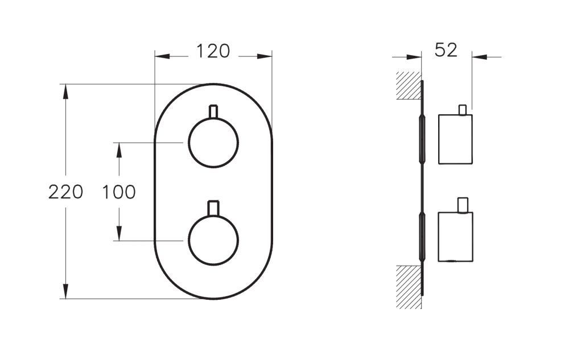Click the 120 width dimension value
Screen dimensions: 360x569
click(213, 51)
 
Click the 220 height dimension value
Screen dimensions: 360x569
click(65, 192)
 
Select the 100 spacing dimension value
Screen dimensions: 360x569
click(119, 192)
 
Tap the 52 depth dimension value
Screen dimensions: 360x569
click(446, 50)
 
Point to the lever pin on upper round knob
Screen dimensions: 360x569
click(213, 111)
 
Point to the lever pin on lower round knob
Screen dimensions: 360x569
click(213, 208)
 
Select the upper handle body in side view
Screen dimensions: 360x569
click(455, 139)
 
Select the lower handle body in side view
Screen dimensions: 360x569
click(455, 237)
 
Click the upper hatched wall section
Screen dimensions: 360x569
click(409, 85)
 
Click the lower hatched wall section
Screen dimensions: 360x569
click(409, 287)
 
